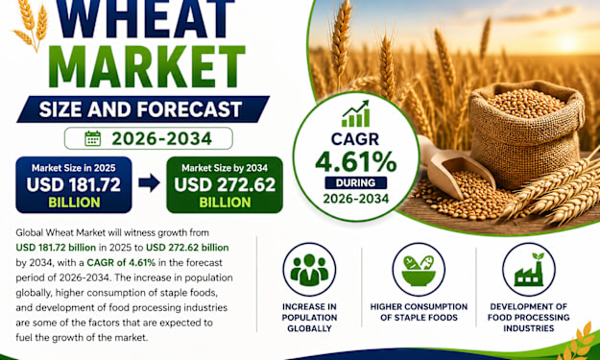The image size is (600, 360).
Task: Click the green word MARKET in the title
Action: (x=147, y=67)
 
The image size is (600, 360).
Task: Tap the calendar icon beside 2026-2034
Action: (x=92, y=138)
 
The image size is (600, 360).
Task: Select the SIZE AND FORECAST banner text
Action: (x=140, y=109)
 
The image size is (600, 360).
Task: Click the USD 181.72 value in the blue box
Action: (x=74, y=184)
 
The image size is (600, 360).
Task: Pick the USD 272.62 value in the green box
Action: (x=225, y=184)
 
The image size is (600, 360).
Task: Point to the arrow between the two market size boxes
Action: (x=149, y=182)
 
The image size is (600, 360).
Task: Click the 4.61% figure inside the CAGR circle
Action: (x=356, y=162)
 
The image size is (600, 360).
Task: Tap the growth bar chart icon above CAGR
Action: (x=356, y=113)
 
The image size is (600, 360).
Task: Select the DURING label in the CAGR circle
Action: (x=356, y=182)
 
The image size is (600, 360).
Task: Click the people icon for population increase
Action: (x=309, y=270)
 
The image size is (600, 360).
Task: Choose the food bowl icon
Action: (x=419, y=270)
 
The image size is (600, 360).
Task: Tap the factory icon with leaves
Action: (x=528, y=270)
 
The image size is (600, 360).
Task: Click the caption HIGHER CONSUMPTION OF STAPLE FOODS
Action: (x=419, y=312)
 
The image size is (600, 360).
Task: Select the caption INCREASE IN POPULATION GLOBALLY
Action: (x=309, y=318)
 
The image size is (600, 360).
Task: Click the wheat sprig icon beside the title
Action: (x=32, y=25)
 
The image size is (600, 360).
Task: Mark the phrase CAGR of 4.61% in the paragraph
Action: (x=121, y=262)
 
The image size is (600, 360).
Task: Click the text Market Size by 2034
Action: (x=225, y=168)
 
